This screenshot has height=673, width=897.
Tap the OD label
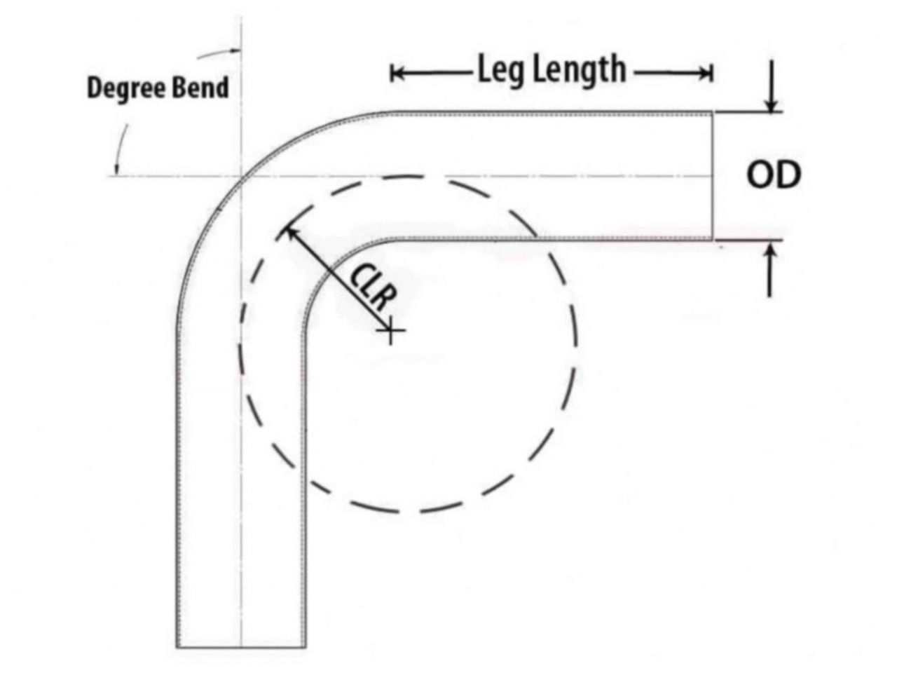click(x=773, y=175)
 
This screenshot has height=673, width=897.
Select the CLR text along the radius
click(x=371, y=287)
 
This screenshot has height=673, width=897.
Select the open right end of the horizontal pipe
click(x=713, y=175)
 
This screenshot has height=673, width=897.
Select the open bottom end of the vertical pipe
click(x=241, y=646)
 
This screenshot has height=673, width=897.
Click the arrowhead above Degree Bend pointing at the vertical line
click(x=235, y=50)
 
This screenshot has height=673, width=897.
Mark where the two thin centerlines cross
click(x=242, y=175)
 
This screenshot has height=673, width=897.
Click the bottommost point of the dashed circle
click(x=410, y=511)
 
